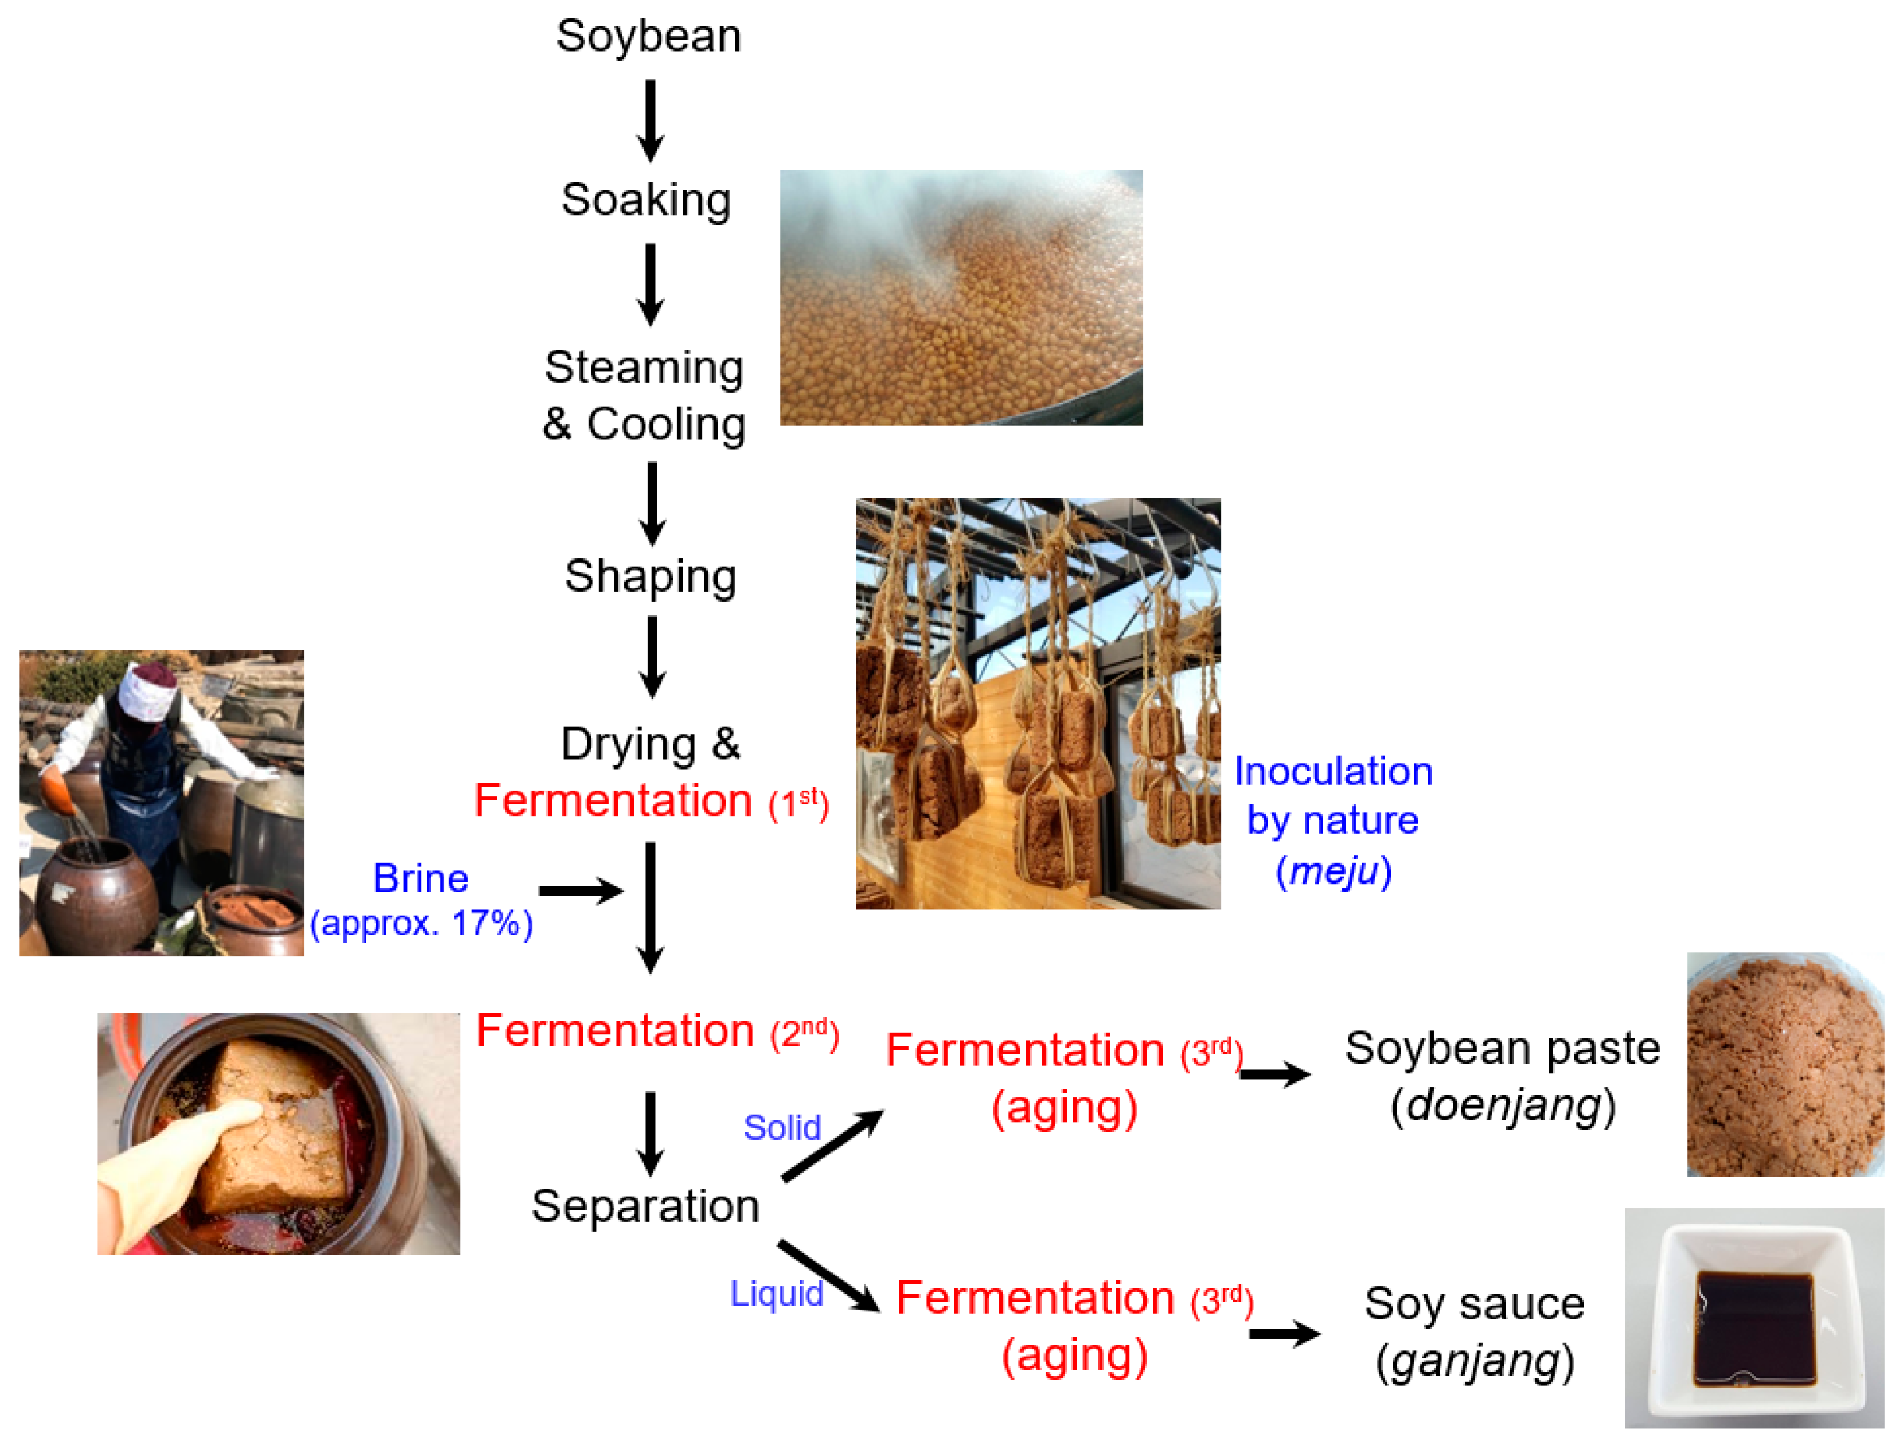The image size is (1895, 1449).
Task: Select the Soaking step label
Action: coord(646,200)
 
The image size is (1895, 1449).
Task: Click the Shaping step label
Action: coord(651,576)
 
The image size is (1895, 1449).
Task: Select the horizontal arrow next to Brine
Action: coord(580,891)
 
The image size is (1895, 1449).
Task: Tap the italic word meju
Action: coord(1333,871)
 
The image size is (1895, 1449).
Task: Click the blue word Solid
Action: coord(782,1128)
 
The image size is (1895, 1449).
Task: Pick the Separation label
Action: coord(645,1206)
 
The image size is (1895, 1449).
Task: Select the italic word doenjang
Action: coord(1503,1106)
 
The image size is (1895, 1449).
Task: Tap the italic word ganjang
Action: coord(1476,1361)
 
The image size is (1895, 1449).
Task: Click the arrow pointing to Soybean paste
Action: coord(1275,1075)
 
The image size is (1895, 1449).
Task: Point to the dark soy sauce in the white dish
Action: coord(1753,1328)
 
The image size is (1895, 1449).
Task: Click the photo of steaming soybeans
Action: coord(961,298)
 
